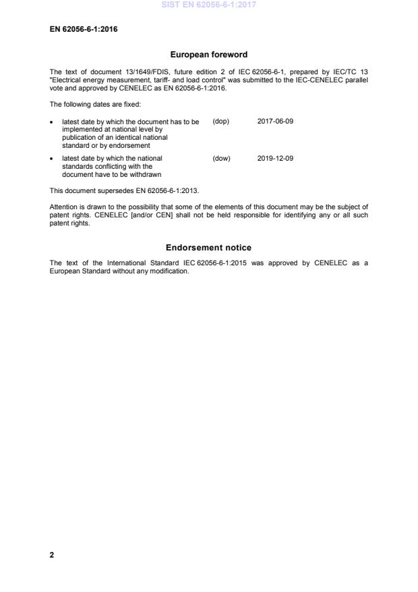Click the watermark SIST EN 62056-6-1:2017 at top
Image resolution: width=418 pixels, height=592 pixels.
click(x=208, y=5)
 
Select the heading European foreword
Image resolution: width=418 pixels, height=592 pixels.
click(x=208, y=55)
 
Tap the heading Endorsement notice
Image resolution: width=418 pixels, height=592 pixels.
click(x=208, y=248)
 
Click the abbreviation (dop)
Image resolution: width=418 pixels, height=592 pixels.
click(x=220, y=122)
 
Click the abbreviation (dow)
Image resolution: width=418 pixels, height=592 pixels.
click(x=221, y=159)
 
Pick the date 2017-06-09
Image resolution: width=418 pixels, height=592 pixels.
click(x=275, y=122)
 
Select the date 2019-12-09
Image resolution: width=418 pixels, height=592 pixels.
click(x=275, y=159)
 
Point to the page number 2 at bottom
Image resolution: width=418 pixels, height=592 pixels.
click(x=52, y=555)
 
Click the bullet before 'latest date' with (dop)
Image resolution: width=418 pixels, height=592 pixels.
click(x=53, y=122)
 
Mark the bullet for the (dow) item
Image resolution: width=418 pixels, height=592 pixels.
click(x=53, y=159)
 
